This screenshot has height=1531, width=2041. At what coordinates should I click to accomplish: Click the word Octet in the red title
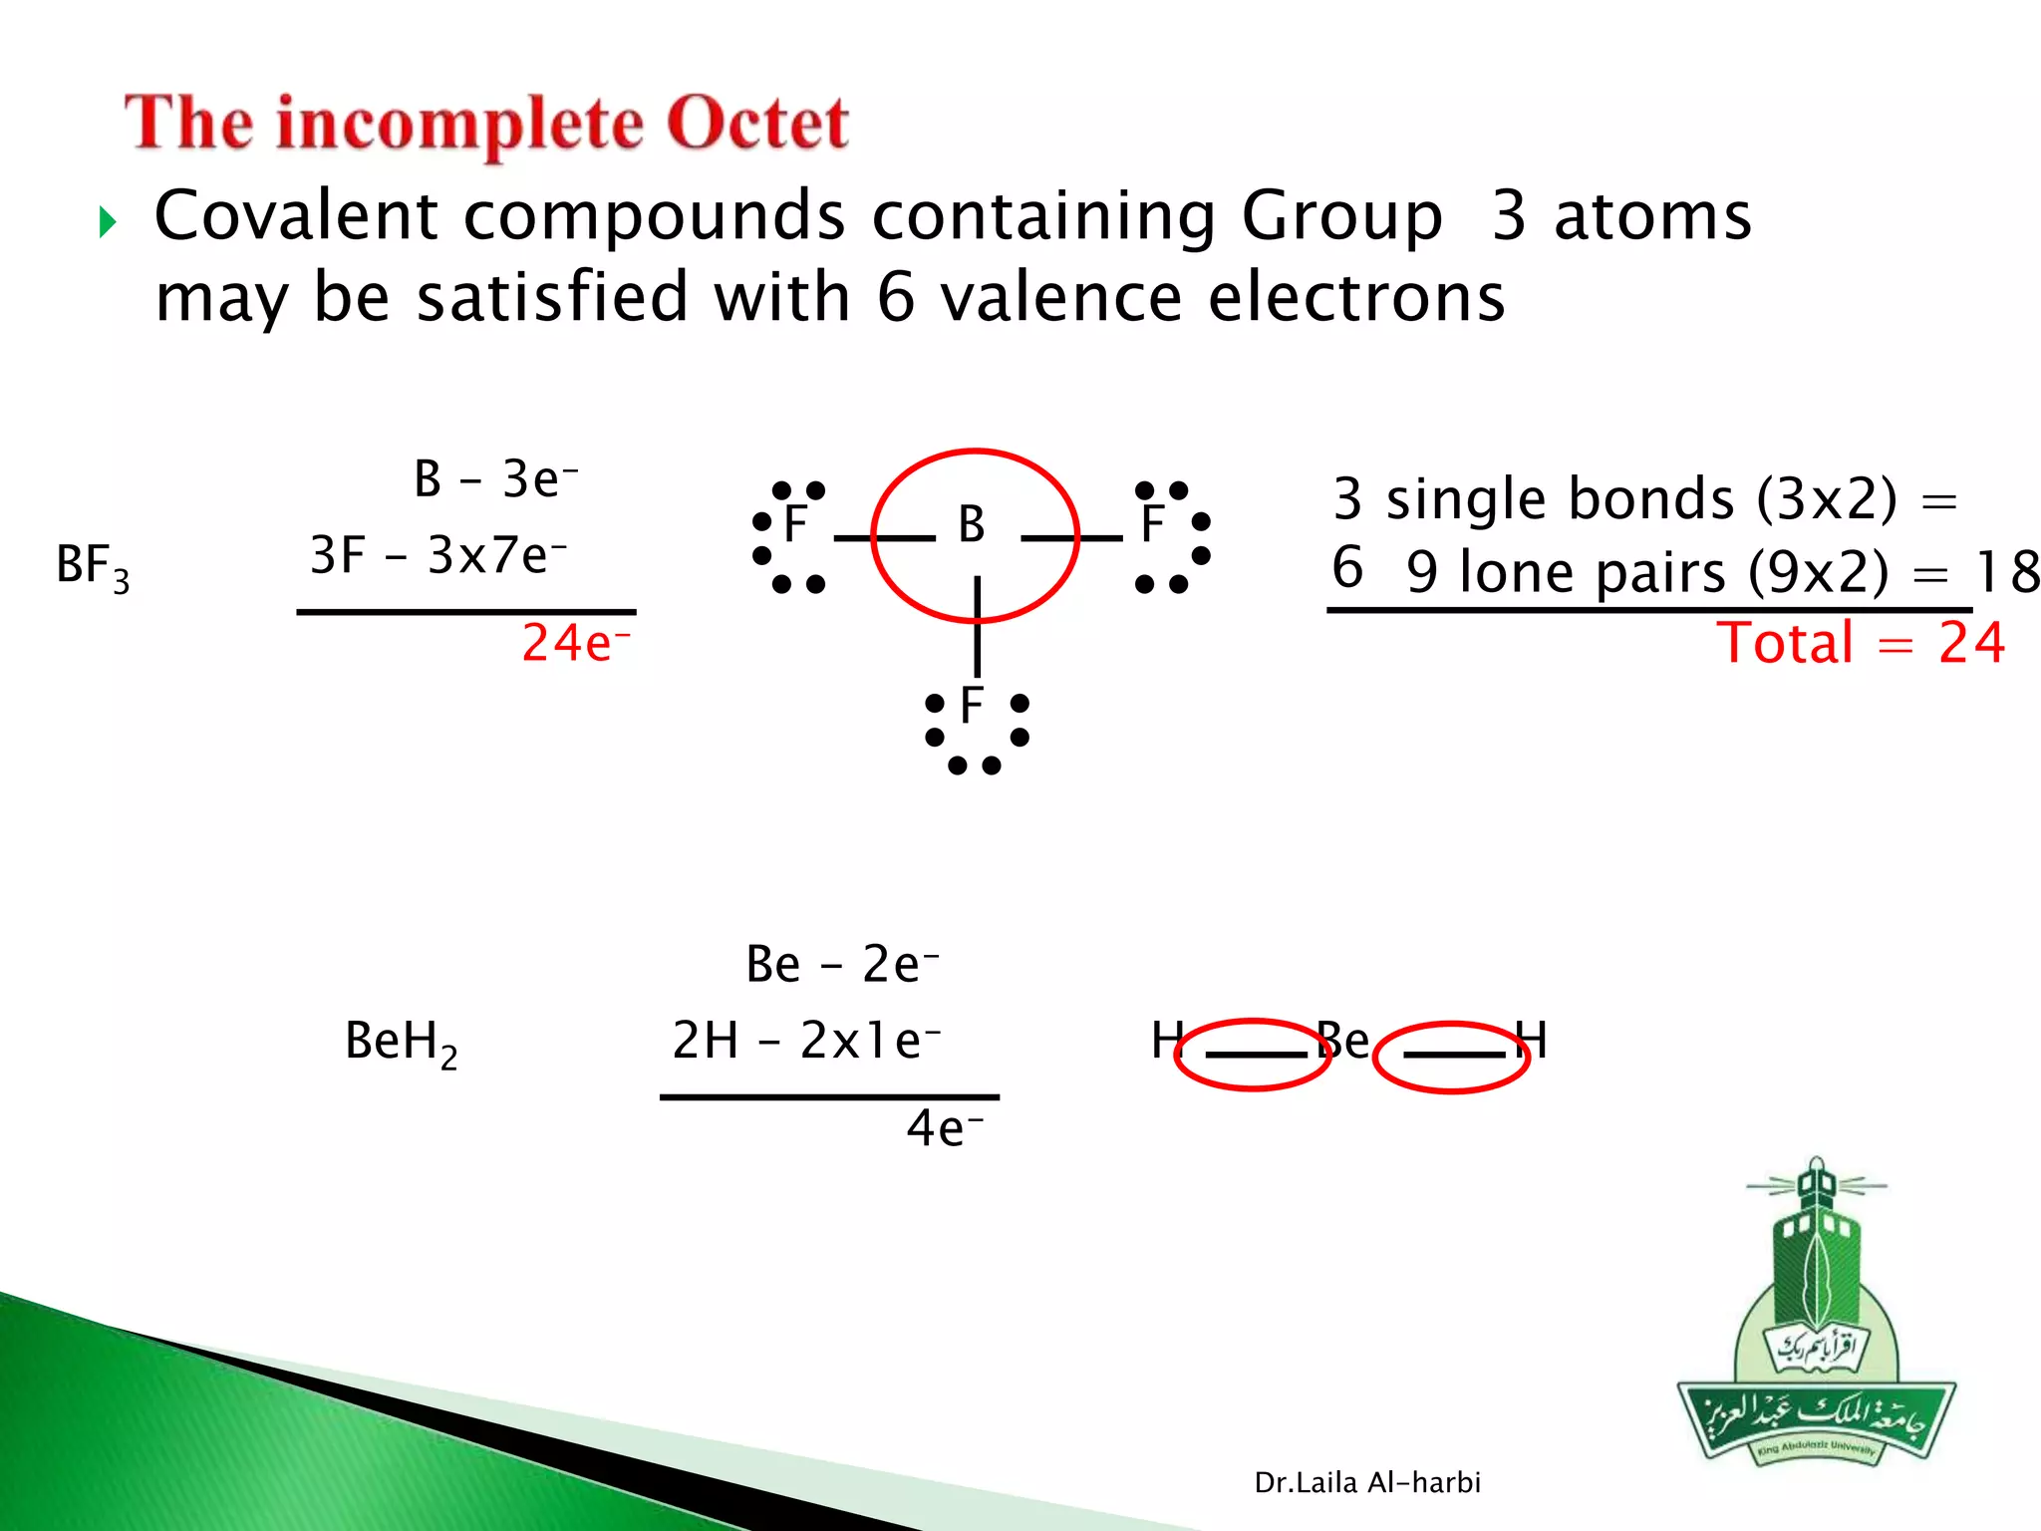756,124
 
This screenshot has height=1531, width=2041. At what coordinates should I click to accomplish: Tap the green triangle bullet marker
108,221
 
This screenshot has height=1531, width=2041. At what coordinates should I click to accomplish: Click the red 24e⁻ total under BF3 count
575,643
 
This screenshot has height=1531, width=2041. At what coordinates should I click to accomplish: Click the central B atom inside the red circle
972,524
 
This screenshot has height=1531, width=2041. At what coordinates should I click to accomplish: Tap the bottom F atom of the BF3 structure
972,706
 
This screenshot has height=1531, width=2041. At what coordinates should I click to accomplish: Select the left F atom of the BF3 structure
794,524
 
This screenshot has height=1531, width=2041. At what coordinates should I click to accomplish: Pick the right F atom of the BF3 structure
1152,524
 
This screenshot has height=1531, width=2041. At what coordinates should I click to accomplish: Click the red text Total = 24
1860,643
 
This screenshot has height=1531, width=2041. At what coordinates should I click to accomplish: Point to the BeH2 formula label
401,1043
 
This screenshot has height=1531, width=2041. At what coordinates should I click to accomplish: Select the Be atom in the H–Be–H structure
1343,1041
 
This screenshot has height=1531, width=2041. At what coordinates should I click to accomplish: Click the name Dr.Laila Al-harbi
1367,1483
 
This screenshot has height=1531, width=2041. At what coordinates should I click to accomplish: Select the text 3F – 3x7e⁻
438,556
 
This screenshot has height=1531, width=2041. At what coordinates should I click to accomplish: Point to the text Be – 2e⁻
842,965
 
